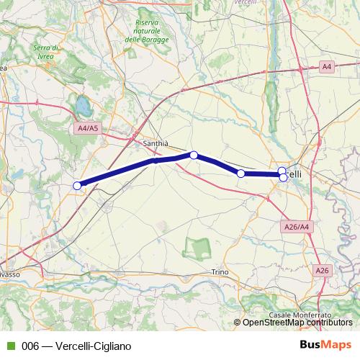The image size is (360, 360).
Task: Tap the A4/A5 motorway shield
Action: (x=86, y=129)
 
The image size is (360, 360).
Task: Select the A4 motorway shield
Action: (x=327, y=67)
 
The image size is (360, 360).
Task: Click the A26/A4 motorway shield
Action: (x=296, y=227)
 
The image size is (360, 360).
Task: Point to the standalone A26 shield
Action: (x=322, y=270)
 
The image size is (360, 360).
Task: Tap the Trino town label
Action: (x=220, y=271)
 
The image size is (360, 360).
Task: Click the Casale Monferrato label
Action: (x=300, y=315)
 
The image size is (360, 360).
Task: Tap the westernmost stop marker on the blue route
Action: (x=77, y=186)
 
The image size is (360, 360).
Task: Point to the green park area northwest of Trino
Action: (x=194, y=249)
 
